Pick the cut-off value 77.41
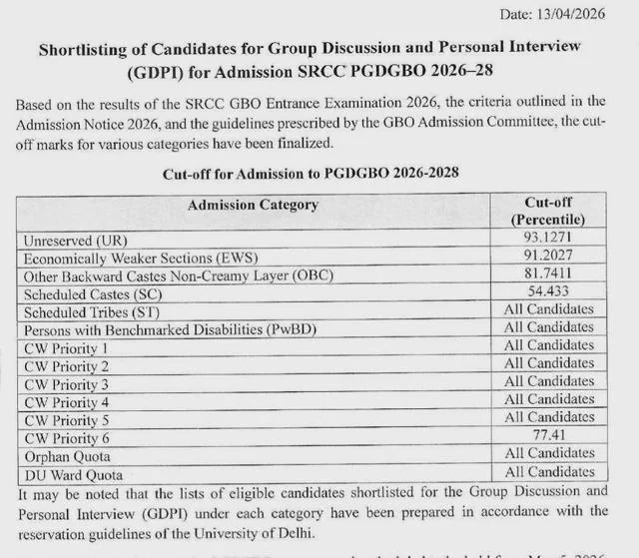coord(547,436)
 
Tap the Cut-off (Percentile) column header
coord(547,211)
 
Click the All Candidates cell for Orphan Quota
coord(547,454)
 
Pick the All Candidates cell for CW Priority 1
coord(547,346)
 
